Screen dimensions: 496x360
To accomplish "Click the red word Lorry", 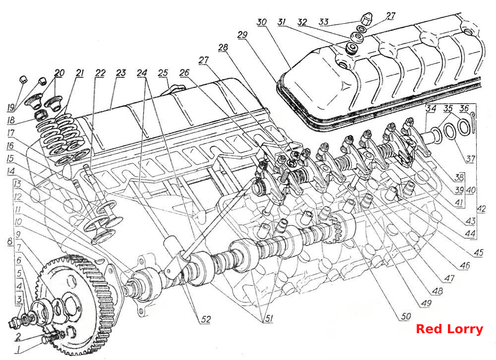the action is pos(467,329).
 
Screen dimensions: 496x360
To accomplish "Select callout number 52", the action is pos(206,319).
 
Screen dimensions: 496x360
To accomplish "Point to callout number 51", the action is pos(268,318).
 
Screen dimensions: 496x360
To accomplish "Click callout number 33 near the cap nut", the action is pos(323,22).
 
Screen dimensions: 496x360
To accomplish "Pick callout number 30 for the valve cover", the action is pos(261,22).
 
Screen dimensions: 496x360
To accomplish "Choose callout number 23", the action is pos(121,73).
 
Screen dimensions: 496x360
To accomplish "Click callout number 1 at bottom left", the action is pos(19,350).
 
